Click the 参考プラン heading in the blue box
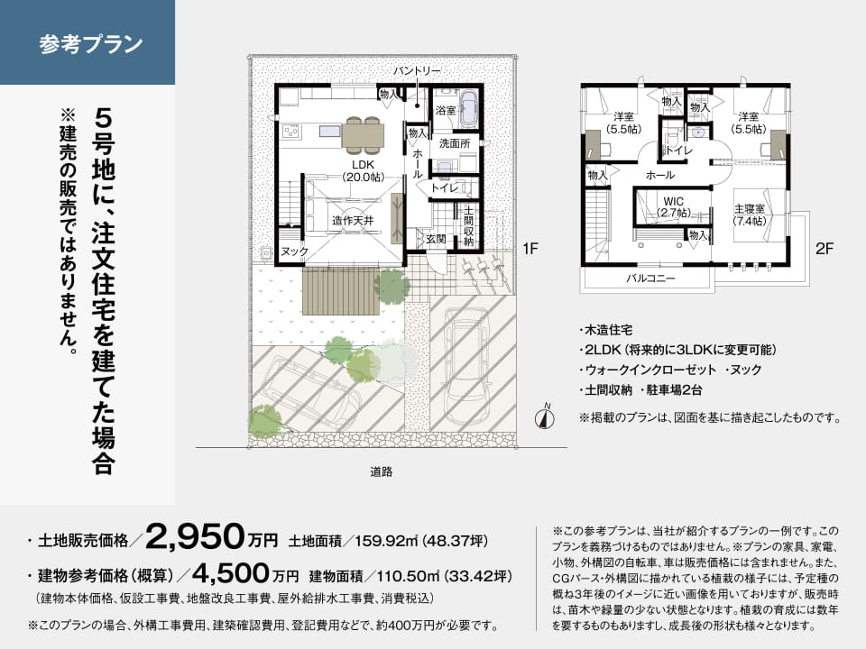91,44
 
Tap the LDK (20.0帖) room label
363,171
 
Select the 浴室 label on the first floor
446,110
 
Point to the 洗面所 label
455,143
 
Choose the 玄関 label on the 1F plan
436,239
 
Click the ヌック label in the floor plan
294,251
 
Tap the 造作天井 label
353,221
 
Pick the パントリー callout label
417,70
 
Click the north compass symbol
545,417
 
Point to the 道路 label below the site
381,471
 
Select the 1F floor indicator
530,249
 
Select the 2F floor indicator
824,249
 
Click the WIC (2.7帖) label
674,207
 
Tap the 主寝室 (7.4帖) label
750,215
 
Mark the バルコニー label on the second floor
650,279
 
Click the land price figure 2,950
195,537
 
